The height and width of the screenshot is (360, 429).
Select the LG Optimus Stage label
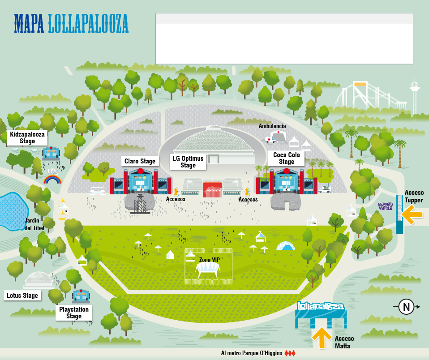pos(188,162)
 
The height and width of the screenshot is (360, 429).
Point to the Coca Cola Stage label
pos(287,158)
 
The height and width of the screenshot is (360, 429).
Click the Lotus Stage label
pos(22,296)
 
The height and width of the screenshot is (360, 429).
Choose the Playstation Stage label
pos(74,313)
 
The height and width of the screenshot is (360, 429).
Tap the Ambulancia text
pos(272,126)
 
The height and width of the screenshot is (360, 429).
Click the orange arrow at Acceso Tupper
pos(412,214)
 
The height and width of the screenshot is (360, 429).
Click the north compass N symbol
pos(407,307)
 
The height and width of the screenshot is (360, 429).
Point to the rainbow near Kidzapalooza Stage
pos(52,179)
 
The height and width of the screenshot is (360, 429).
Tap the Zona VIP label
pos(209,260)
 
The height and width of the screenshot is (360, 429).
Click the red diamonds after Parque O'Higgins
pos(290,353)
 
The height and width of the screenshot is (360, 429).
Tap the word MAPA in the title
pos(29,24)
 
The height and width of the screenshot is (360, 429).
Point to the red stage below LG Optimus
pos(213,189)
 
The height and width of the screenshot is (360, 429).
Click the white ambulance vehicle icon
pos(270,140)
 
